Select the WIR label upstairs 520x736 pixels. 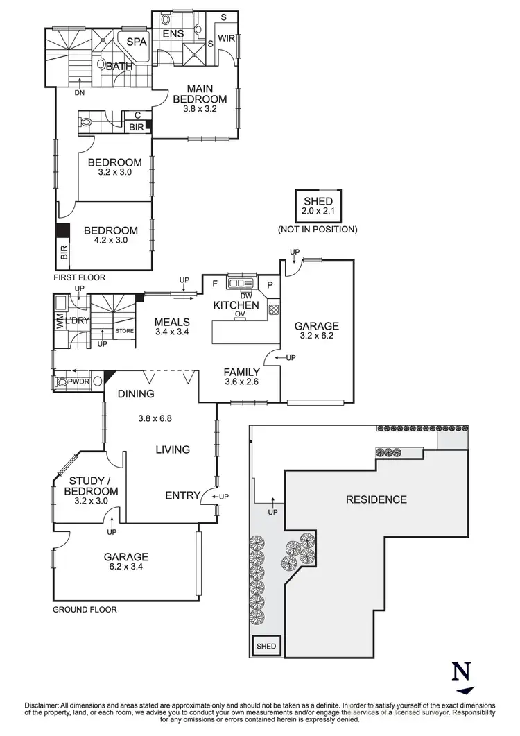coord(226,39)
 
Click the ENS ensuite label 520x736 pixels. coord(173,33)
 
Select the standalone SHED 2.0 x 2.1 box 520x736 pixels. coord(318,206)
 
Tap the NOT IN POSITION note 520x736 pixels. coord(318,229)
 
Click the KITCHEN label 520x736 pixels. coord(236,305)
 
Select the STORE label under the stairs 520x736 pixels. coord(124,331)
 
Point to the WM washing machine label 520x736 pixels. coord(60,321)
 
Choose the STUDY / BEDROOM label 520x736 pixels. coord(94,485)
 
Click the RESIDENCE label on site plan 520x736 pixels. coord(376,499)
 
